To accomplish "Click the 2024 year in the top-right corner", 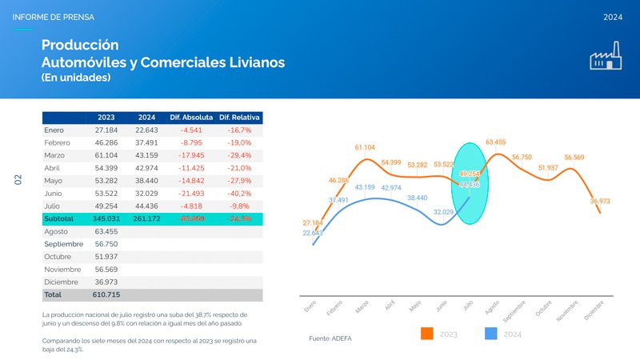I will coord(613,17).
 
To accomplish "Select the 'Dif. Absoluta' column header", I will coord(191,118).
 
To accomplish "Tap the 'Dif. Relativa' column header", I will coord(240,118).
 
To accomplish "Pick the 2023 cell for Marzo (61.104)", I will coord(106,154).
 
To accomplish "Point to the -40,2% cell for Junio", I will coord(239,193).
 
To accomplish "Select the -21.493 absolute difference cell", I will coord(191,193).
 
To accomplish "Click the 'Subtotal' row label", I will coord(59,218).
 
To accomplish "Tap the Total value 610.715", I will coord(106,294).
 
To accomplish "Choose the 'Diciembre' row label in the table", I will coord(62,282).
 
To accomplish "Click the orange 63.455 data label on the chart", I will coord(495,142).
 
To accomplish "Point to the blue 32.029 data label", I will coord(444,212).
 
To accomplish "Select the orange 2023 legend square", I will coord(426,334).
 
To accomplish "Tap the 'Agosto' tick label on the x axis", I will coord(492,306).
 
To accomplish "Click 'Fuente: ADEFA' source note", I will coord(330,338).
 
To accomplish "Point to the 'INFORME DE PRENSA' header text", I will coord(53,17).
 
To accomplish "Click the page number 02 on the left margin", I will coord(18,180).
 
